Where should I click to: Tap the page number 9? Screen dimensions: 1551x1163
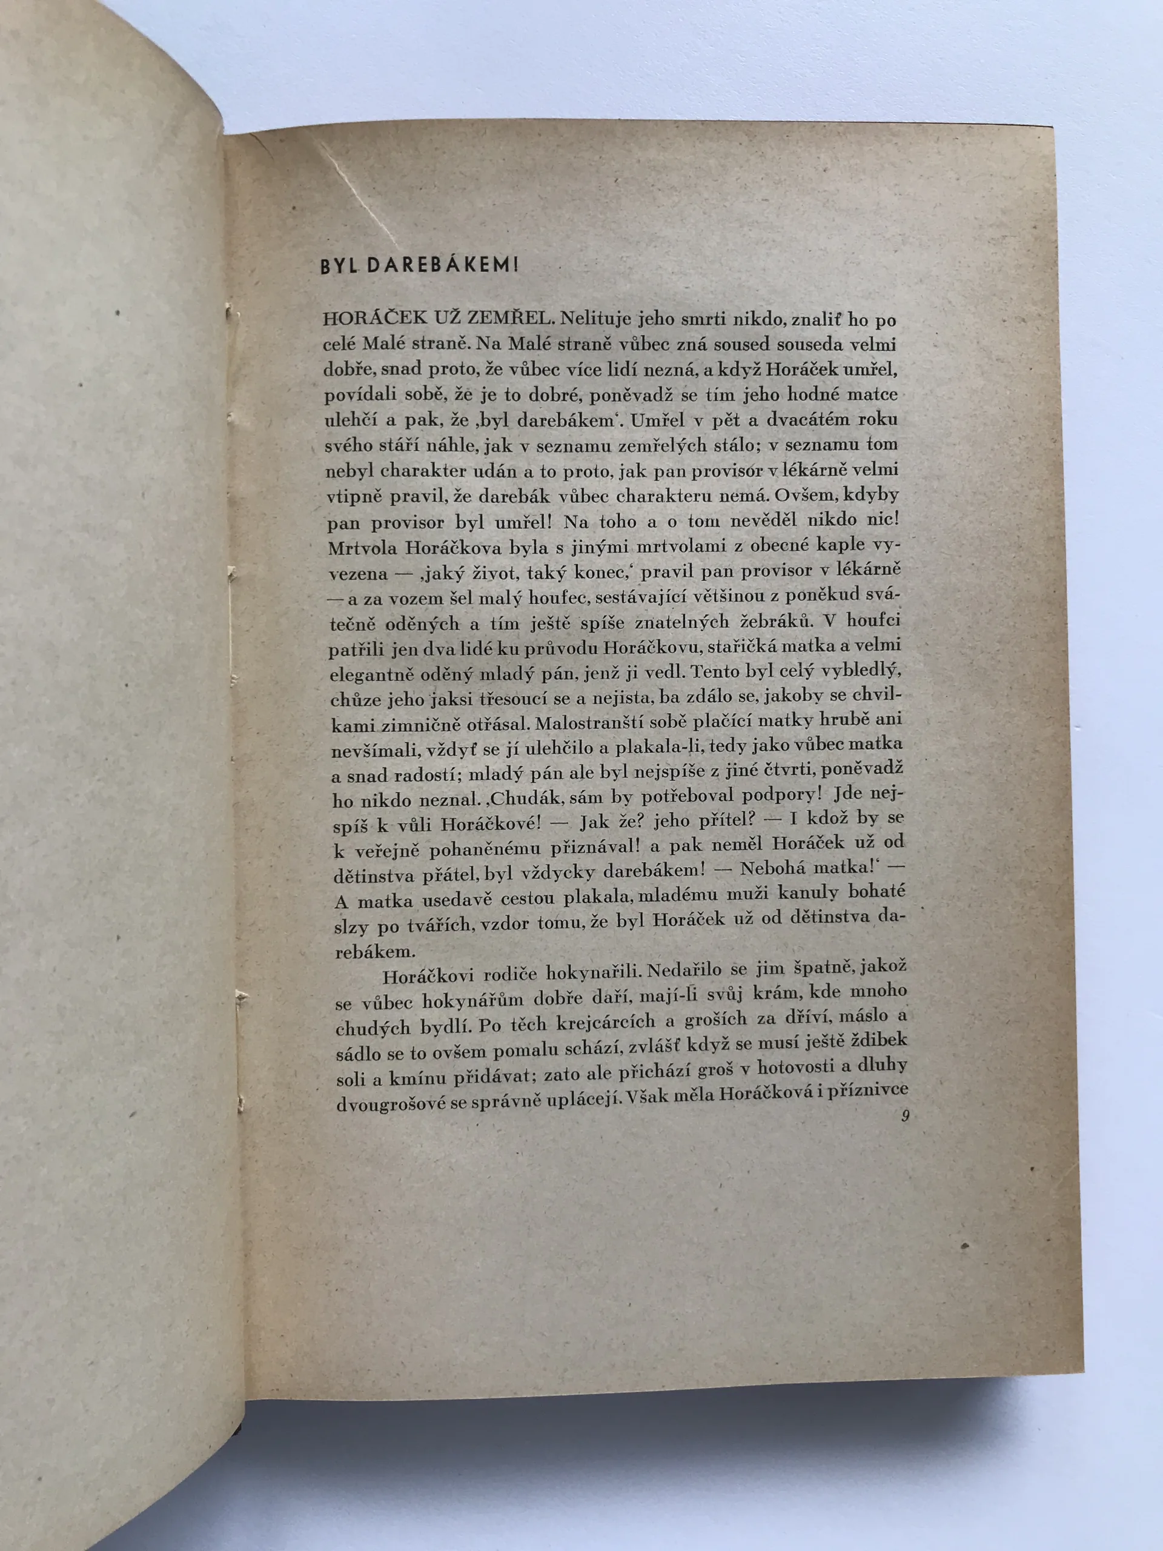pos(905,1118)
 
